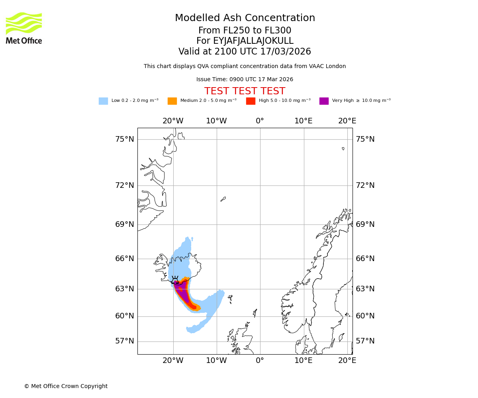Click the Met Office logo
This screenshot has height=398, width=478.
pyautogui.click(x=24, y=28)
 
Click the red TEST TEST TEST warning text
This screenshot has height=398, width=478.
pyautogui.click(x=245, y=91)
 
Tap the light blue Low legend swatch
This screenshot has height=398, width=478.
pyautogui.click(x=103, y=101)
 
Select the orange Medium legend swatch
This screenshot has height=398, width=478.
pyautogui.click(x=172, y=101)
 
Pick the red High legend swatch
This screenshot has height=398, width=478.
pyautogui.click(x=251, y=101)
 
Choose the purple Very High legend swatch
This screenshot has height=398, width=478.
pyautogui.click(x=324, y=101)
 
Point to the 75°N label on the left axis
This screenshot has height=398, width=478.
pyautogui.click(x=125, y=139)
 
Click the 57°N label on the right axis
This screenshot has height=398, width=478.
pyautogui.click(x=365, y=341)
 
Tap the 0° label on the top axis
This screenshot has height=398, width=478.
pyautogui.click(x=260, y=121)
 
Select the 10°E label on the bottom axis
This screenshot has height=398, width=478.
pyautogui.click(x=303, y=361)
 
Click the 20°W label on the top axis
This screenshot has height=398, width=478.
pyautogui.click(x=173, y=121)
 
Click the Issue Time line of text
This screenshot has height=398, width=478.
pyautogui.click(x=245, y=80)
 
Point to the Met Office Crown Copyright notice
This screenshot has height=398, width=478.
pyautogui.click(x=66, y=386)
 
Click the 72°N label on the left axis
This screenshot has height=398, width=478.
pyautogui.click(x=125, y=185)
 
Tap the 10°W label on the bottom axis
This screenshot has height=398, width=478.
pyautogui.click(x=216, y=361)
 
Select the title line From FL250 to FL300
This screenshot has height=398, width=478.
pyautogui.click(x=245, y=31)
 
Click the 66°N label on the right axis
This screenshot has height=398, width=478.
pyautogui.click(x=365, y=259)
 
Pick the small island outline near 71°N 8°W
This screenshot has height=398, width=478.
pyautogui.click(x=223, y=199)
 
